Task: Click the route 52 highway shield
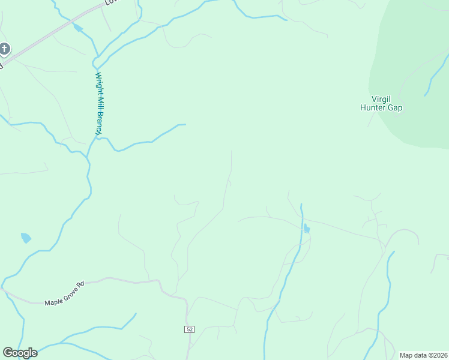[189, 329]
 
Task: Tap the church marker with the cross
[5, 49]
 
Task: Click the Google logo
[20, 353]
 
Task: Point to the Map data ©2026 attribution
[423, 355]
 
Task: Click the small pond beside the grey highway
[77, 28]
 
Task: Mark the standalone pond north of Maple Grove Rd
[26, 238]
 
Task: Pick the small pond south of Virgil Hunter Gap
[307, 229]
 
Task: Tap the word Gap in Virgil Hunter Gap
[394, 109]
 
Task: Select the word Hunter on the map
[372, 109]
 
